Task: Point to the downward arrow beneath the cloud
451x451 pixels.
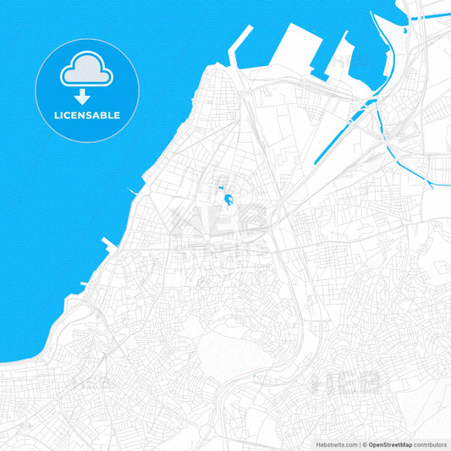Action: [x=81, y=96]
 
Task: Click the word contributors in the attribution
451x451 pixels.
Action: [x=430, y=444]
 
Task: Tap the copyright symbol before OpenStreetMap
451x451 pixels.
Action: [x=365, y=444]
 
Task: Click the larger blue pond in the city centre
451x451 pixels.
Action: [x=228, y=201]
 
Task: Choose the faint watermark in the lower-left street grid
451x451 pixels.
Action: [x=85, y=385]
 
